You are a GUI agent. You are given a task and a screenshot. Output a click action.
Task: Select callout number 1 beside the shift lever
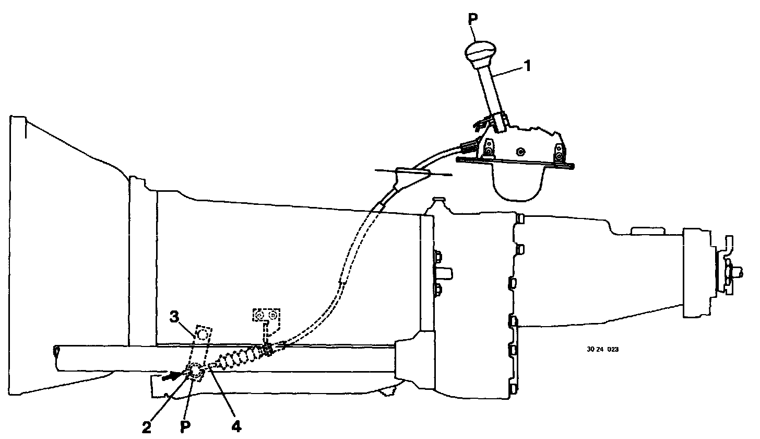pos(527,66)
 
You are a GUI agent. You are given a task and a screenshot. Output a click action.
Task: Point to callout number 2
pos(147,427)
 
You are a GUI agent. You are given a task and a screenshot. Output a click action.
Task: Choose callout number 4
pos(236,427)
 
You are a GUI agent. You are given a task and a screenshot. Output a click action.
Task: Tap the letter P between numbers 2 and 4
pos(184,427)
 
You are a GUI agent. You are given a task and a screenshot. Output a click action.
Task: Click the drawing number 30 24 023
pos(602,350)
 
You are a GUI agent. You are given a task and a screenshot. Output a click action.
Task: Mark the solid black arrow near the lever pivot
pos(171,375)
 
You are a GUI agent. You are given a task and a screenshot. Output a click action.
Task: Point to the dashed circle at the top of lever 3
pos(202,334)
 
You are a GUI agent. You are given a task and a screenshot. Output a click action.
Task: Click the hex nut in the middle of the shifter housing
pos(520,152)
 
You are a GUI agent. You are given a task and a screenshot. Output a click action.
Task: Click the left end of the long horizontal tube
pos(56,357)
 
